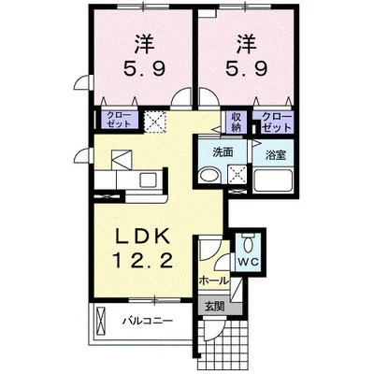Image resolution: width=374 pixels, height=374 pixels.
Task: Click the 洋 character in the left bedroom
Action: click(143, 43)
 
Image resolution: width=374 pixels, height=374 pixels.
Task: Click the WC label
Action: click(249, 263)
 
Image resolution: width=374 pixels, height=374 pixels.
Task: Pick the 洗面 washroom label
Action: click(222, 152)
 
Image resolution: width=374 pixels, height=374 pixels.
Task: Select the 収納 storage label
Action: click(235, 121)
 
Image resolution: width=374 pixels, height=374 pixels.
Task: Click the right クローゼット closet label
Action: click(276, 121)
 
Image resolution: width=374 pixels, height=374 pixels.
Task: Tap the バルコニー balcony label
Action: click(147, 322)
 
